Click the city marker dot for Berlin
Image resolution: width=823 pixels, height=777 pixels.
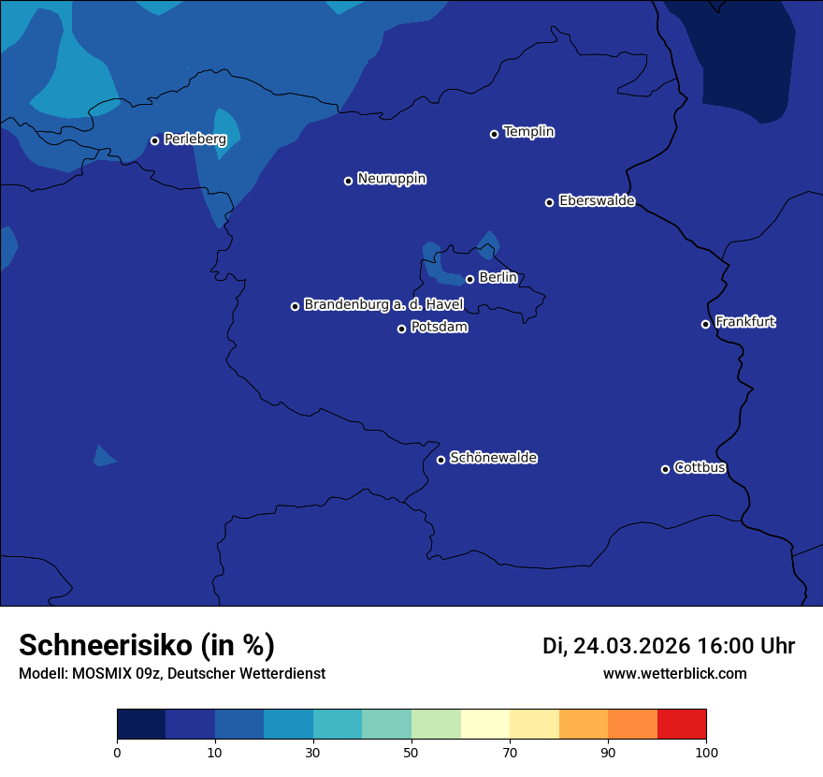pyautogui.click(x=469, y=279)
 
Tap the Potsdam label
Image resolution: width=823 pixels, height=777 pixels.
pyautogui.click(x=439, y=328)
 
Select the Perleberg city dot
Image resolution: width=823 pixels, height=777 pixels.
pyautogui.click(x=154, y=140)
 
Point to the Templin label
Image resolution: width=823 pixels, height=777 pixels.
pyautogui.click(x=528, y=132)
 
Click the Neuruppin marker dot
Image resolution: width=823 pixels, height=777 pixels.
pyautogui.click(x=348, y=181)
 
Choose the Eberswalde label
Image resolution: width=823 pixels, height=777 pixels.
pyautogui.click(x=597, y=201)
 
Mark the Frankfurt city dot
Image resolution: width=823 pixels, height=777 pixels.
pyautogui.click(x=705, y=324)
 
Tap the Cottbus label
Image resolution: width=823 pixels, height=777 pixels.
pyautogui.click(x=700, y=468)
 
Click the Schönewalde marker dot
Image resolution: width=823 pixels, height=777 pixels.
pyautogui.click(x=440, y=460)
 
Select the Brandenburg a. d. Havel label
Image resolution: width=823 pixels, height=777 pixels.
pyautogui.click(x=383, y=305)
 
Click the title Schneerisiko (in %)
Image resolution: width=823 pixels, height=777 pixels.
pyautogui.click(x=147, y=645)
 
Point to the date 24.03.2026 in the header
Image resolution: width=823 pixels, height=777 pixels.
pyautogui.click(x=631, y=646)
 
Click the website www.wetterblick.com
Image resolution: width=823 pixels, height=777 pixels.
pyautogui.click(x=675, y=673)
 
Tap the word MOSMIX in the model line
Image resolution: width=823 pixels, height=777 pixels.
pyautogui.click(x=96, y=673)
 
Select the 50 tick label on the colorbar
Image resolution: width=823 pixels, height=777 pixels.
pyautogui.click(x=411, y=752)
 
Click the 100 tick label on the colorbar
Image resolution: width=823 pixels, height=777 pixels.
pyautogui.click(x=706, y=752)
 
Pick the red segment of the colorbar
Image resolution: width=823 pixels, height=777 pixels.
pyautogui.click(x=682, y=725)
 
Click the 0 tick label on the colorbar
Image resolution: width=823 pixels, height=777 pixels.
pyautogui.click(x=117, y=752)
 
